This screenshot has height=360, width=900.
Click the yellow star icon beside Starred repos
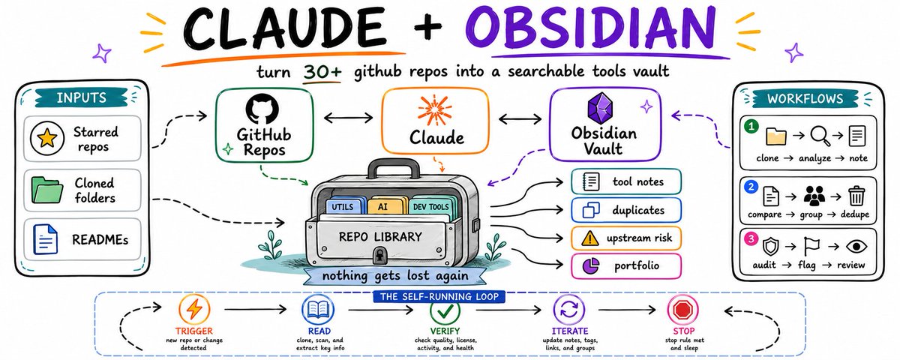click(47, 139)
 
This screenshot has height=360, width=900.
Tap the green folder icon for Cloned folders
click(47, 190)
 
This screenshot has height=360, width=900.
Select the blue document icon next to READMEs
click(45, 239)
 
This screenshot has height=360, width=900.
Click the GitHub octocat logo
click(262, 109)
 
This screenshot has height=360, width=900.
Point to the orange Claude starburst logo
click(434, 110)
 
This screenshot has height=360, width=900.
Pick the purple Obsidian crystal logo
click(600, 108)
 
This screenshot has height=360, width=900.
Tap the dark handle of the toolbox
click(394, 169)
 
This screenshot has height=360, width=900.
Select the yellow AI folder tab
click(383, 206)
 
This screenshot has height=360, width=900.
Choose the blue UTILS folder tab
click(343, 206)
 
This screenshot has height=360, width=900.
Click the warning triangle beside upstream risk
click(589, 238)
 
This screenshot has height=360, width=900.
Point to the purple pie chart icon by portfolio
click(591, 265)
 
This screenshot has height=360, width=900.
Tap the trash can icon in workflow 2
click(857, 196)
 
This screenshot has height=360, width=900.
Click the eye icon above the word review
click(856, 246)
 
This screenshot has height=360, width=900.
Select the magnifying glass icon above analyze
click(820, 136)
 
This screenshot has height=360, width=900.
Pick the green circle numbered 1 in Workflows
click(751, 127)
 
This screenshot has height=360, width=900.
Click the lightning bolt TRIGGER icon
click(194, 310)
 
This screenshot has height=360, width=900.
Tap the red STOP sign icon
click(682, 310)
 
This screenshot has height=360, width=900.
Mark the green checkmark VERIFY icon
click(445, 311)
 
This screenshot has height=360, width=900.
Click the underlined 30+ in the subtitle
click(322, 73)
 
